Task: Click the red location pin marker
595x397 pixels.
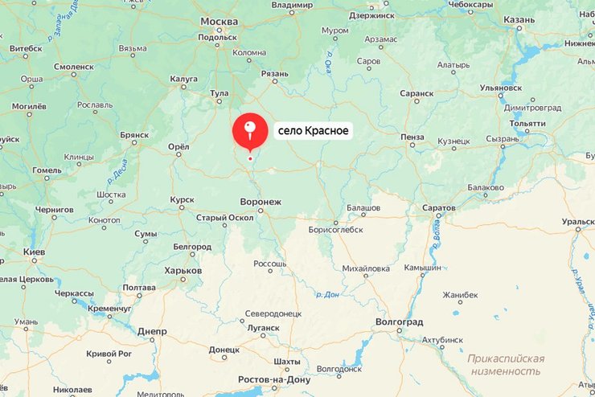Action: point(249,131)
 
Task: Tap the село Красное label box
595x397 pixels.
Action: point(313,130)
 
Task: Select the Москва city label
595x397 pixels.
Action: point(219,21)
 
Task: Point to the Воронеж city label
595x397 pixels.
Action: point(261,202)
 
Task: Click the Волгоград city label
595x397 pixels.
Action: point(399,321)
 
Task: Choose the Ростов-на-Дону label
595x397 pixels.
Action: point(274,379)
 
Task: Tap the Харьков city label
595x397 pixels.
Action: point(183,270)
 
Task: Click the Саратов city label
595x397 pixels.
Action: point(439,207)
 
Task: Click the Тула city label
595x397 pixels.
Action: point(219,93)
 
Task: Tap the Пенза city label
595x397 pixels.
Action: point(412,137)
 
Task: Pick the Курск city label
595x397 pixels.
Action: point(183,199)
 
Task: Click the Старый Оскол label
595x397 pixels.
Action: point(224,217)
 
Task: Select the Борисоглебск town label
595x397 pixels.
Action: point(335,229)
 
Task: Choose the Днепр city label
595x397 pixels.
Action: point(152,331)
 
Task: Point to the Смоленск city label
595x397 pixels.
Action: point(74,67)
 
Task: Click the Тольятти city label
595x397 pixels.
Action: point(527,123)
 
